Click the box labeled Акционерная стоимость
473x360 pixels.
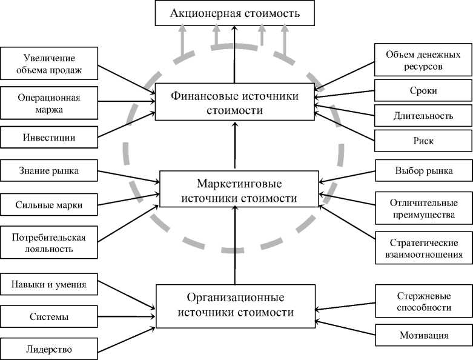pos(235,13)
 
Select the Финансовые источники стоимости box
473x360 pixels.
pos(234,103)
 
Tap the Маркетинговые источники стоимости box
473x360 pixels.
pos(238,190)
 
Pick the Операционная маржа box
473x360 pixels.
pos(48,103)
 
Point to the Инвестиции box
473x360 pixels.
pos(48,138)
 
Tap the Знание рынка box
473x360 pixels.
pos(48,171)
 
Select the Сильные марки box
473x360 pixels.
pos(48,205)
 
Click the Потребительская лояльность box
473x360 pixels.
pos(48,242)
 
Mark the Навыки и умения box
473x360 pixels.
pos(48,283)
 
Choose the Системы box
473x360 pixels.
pos(48,316)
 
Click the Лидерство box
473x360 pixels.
pos(48,349)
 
